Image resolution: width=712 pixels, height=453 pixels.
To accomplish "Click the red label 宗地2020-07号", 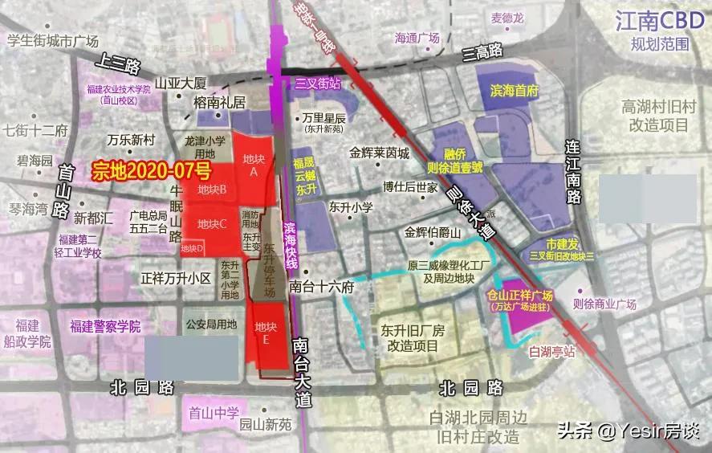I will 152,169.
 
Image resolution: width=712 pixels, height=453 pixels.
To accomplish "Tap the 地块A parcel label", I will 254,165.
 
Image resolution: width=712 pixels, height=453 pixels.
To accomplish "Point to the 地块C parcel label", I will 212,222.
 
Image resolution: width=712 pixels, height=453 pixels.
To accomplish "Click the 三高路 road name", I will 482,52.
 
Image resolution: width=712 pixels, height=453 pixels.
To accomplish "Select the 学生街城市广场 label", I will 52,40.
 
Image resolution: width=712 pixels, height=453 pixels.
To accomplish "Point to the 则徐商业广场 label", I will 604,304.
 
